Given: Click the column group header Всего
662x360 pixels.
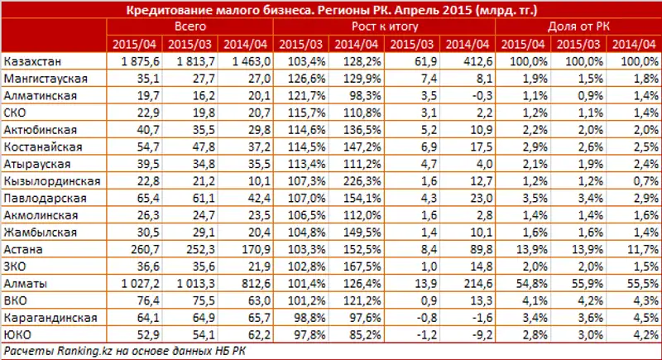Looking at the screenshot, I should [190, 26].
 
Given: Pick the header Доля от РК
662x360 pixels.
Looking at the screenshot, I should [577, 26].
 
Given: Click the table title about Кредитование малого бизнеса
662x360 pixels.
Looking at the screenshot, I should [331, 10].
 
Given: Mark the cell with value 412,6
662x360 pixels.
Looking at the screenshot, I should [466, 62].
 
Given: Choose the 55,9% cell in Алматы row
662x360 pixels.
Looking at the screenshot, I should [578, 282].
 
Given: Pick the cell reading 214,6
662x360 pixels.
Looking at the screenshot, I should [466, 282].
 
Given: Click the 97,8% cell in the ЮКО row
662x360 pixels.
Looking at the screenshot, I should [301, 334].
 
